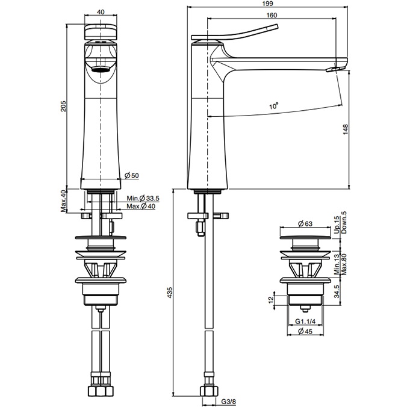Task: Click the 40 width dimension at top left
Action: point(100,12)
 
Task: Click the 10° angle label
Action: point(274,105)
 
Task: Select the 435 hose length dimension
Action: point(170,293)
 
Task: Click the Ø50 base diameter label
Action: point(132,175)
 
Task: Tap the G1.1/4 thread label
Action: point(307,321)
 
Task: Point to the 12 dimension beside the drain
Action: point(271,299)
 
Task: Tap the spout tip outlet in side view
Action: point(331,70)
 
